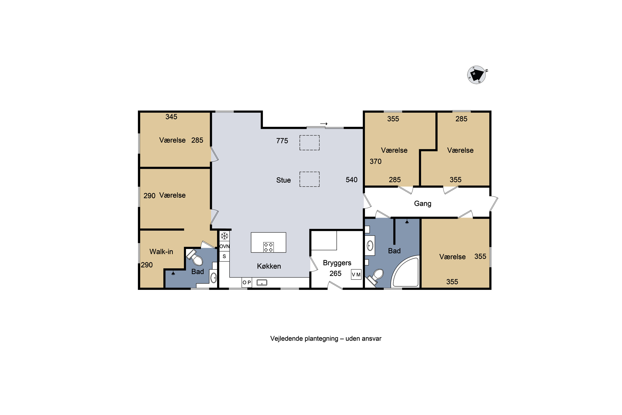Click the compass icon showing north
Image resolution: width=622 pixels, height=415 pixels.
tap(476, 75)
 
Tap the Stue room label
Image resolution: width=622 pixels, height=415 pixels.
tap(283, 180)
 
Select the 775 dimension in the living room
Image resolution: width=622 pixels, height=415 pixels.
tap(282, 141)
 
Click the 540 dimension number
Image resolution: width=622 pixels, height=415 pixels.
tap(351, 180)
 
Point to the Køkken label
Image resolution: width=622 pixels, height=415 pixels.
tap(269, 266)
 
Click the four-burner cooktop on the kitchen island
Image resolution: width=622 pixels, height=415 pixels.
tap(268, 247)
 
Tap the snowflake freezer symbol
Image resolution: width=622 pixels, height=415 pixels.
tap(224, 236)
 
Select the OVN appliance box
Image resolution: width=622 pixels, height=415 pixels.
tap(224, 246)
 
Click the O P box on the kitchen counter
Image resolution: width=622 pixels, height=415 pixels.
tap(247, 282)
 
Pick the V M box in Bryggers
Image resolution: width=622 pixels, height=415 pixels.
tap(356, 275)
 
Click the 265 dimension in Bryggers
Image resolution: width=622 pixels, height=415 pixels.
tap(335, 273)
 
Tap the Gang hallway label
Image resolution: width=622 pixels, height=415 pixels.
tap(423, 204)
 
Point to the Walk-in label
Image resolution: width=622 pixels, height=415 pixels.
tap(161, 251)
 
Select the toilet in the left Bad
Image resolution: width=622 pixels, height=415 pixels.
tap(195, 258)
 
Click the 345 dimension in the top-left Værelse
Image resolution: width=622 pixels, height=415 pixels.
tap(171, 117)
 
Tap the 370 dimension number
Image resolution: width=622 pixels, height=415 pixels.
tap(375, 161)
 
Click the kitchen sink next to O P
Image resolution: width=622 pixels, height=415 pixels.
tap(262, 283)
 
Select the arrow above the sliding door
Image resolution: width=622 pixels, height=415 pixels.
tap(324, 124)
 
